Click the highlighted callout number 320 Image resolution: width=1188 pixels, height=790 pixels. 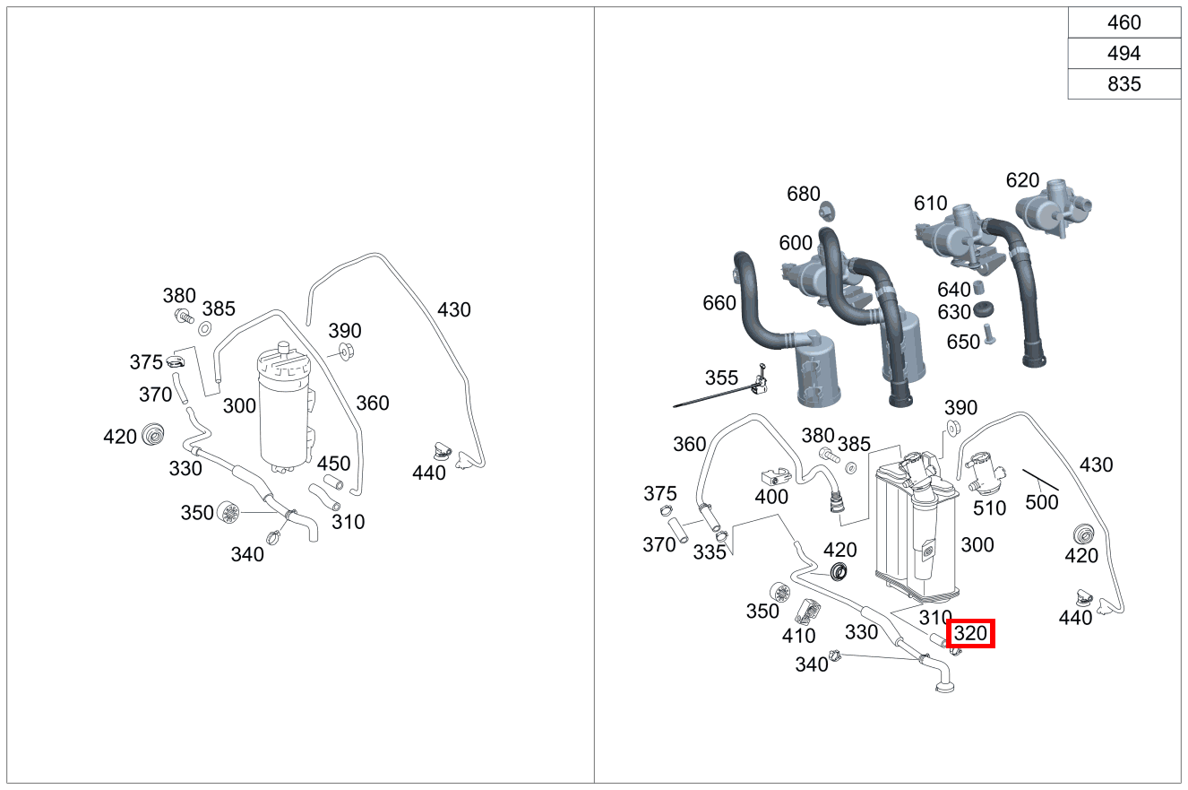[970, 634]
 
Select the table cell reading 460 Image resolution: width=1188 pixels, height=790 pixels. [1124, 23]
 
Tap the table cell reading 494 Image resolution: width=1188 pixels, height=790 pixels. [1124, 54]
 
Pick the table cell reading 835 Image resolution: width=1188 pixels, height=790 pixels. [1124, 84]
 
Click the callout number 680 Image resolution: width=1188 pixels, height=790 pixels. [804, 194]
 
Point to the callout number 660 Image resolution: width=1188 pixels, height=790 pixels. [719, 304]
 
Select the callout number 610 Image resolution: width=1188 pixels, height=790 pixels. [931, 203]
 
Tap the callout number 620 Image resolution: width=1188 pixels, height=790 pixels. [1022, 180]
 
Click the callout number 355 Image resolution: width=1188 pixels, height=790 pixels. [721, 378]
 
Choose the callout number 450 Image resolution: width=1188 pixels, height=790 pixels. [333, 464]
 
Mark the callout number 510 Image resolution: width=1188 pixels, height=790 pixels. [989, 508]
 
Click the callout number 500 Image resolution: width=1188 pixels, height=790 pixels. [1042, 502]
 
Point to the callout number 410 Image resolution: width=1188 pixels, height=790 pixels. [798, 636]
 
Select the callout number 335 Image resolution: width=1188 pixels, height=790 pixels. [710, 552]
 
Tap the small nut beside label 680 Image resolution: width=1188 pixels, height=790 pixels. [828, 211]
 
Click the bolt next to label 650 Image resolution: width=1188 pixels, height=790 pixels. [990, 334]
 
